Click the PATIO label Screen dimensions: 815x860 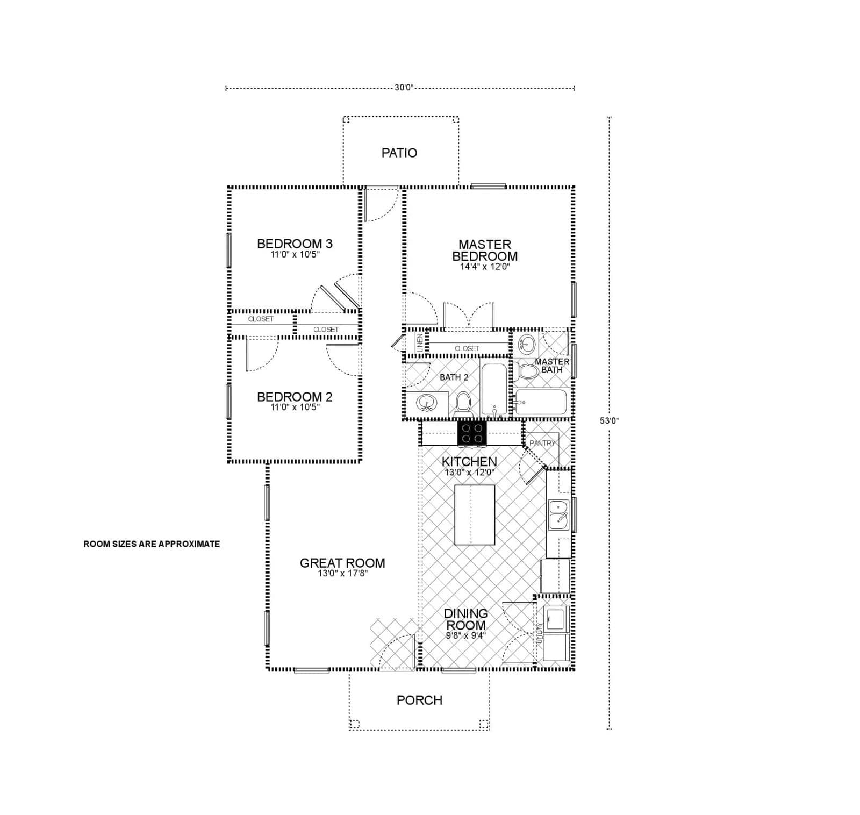(x=399, y=153)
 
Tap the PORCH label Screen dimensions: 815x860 (x=419, y=700)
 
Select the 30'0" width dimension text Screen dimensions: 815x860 (x=404, y=88)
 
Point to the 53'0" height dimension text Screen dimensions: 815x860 (x=609, y=421)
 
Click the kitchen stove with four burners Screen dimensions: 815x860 (x=472, y=434)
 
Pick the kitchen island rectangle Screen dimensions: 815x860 (x=475, y=515)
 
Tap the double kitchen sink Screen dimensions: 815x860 (x=558, y=515)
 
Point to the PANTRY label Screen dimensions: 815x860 (x=542, y=443)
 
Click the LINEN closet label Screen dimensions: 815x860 (x=420, y=342)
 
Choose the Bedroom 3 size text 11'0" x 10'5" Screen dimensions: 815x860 (x=295, y=255)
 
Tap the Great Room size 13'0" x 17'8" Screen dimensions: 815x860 (x=342, y=574)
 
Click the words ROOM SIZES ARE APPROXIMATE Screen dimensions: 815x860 (x=152, y=544)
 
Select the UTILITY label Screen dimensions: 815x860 (x=540, y=634)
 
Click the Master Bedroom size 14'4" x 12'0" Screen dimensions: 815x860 (x=484, y=267)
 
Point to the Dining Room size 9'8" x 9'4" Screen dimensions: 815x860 (x=465, y=635)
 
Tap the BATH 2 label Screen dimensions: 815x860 (x=454, y=377)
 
